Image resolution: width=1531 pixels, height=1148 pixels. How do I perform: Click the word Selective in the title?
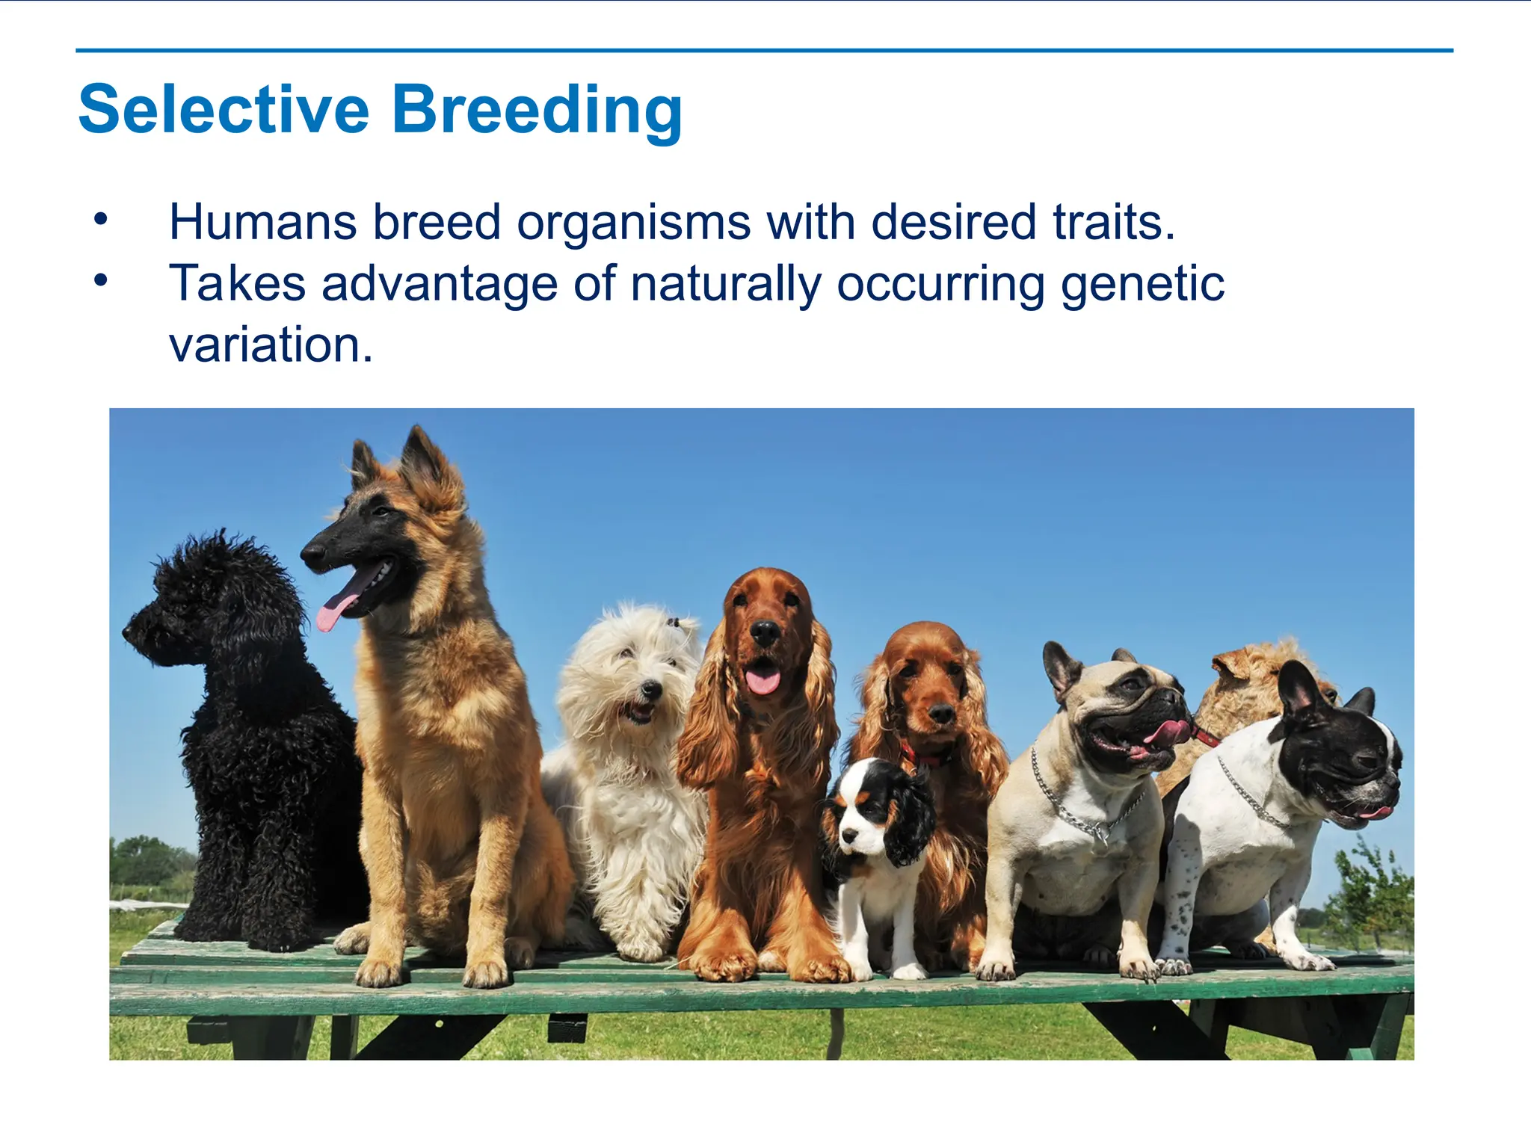(x=224, y=110)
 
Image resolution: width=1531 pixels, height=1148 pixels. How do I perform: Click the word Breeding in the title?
(x=536, y=110)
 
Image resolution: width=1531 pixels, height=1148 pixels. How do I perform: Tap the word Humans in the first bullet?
(x=262, y=222)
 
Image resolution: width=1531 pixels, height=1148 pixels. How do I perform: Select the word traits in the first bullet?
(x=1113, y=222)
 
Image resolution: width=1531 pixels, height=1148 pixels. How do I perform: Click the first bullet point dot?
(x=101, y=219)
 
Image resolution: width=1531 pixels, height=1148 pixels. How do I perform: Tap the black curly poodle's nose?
(x=128, y=632)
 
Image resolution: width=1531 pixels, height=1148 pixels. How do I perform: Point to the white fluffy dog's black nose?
(x=652, y=688)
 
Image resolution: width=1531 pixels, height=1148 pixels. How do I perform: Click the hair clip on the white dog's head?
(x=675, y=622)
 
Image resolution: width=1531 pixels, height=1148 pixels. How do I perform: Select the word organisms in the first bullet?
(x=633, y=222)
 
